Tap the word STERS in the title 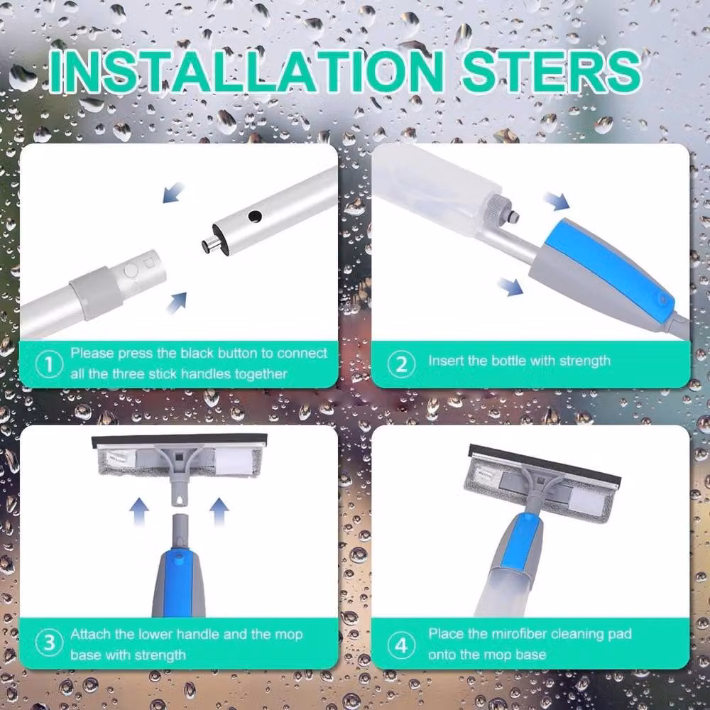pyautogui.click(x=551, y=71)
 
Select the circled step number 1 pyautogui.click(x=49, y=364)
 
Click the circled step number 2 pyautogui.click(x=401, y=364)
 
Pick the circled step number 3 pyautogui.click(x=49, y=643)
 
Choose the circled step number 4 pyautogui.click(x=401, y=645)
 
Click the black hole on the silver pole pyautogui.click(x=255, y=217)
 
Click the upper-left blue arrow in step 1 pyautogui.click(x=173, y=192)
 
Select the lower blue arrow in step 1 pyautogui.click(x=177, y=302)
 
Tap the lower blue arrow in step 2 pyautogui.click(x=510, y=287)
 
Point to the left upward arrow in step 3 pyautogui.click(x=139, y=512)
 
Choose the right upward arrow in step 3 pyautogui.click(x=219, y=512)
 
